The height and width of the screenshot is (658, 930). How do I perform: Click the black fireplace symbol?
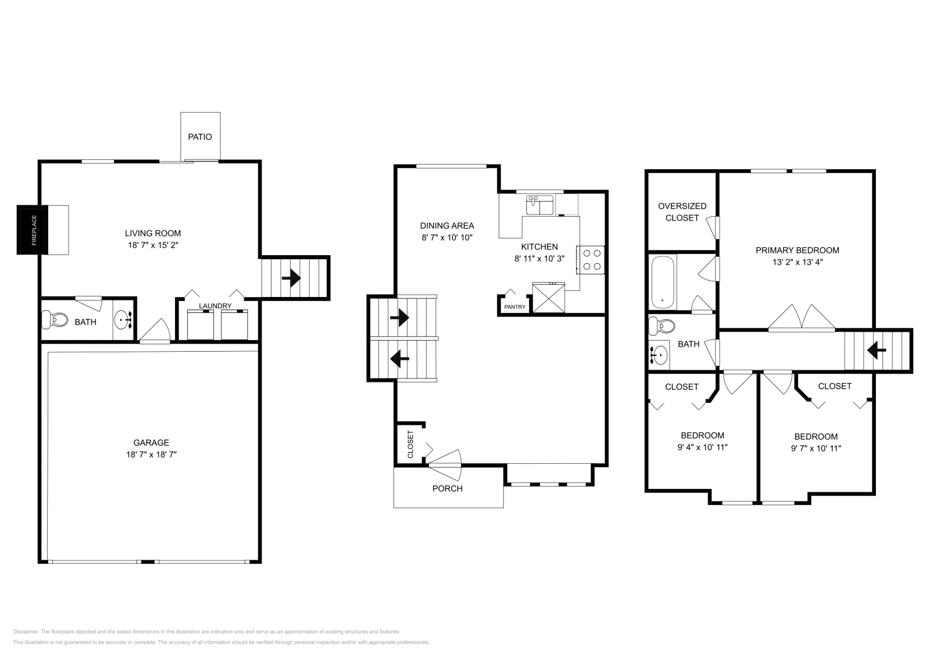(32, 230)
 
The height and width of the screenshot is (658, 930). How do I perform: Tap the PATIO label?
(200, 137)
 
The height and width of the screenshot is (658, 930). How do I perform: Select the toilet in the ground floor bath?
(55, 319)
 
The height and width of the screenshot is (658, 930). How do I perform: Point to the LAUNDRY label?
(215, 306)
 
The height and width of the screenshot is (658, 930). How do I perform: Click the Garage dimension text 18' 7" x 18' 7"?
(151, 455)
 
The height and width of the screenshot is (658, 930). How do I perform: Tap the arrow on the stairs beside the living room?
(291, 279)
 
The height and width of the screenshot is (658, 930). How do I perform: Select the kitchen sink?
(540, 206)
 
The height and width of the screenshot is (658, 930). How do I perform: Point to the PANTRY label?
(514, 307)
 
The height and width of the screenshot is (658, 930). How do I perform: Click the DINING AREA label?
(447, 226)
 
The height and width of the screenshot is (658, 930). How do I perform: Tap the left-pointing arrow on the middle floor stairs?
(399, 359)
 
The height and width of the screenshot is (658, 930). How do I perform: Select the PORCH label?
(448, 488)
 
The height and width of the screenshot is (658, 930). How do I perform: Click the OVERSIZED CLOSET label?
(682, 212)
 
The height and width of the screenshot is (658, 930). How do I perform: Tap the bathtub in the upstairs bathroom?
(663, 282)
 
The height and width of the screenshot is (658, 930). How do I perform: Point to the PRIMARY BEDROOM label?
(797, 251)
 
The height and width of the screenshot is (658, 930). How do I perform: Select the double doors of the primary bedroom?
(802, 318)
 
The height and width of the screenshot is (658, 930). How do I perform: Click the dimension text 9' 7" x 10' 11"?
(816, 448)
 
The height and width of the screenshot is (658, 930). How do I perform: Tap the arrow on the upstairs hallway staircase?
(876, 351)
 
